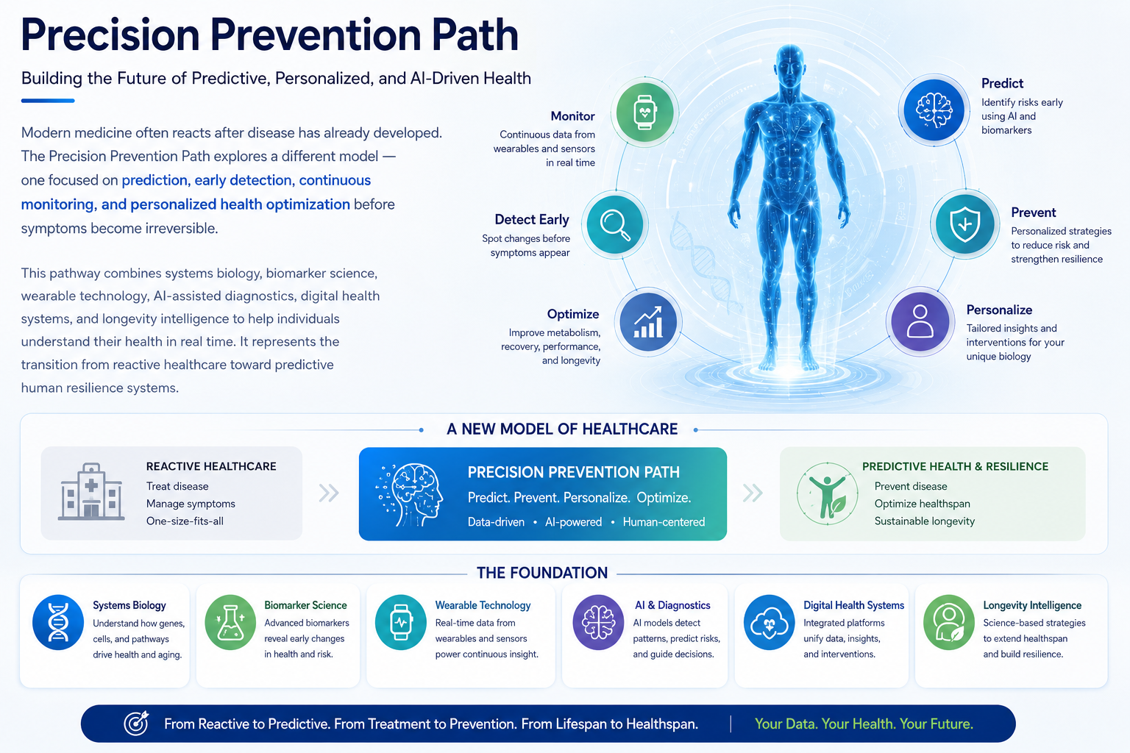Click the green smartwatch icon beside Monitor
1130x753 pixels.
[x=644, y=112]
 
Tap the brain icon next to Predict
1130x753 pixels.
[x=934, y=110]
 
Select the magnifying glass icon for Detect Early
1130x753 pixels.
[x=614, y=224]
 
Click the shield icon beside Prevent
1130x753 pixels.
[x=964, y=224]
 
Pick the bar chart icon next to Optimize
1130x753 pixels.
[x=648, y=322]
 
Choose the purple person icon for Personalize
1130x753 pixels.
[x=920, y=321]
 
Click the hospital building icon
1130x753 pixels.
[x=91, y=491]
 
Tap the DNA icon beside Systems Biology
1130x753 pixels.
[x=58, y=622]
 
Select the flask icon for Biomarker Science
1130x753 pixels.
[x=230, y=622]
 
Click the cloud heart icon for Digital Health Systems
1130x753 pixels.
[x=770, y=622]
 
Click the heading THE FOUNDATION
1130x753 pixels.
[x=542, y=573]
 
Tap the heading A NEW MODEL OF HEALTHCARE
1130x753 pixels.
[x=562, y=429]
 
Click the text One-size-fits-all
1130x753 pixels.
[x=185, y=521]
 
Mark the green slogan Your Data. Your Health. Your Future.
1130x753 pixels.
[x=864, y=724]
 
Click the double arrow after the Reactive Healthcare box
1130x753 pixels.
[x=329, y=493]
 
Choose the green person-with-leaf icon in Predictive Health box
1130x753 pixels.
[x=828, y=493]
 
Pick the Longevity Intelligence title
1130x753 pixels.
[x=1032, y=605]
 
